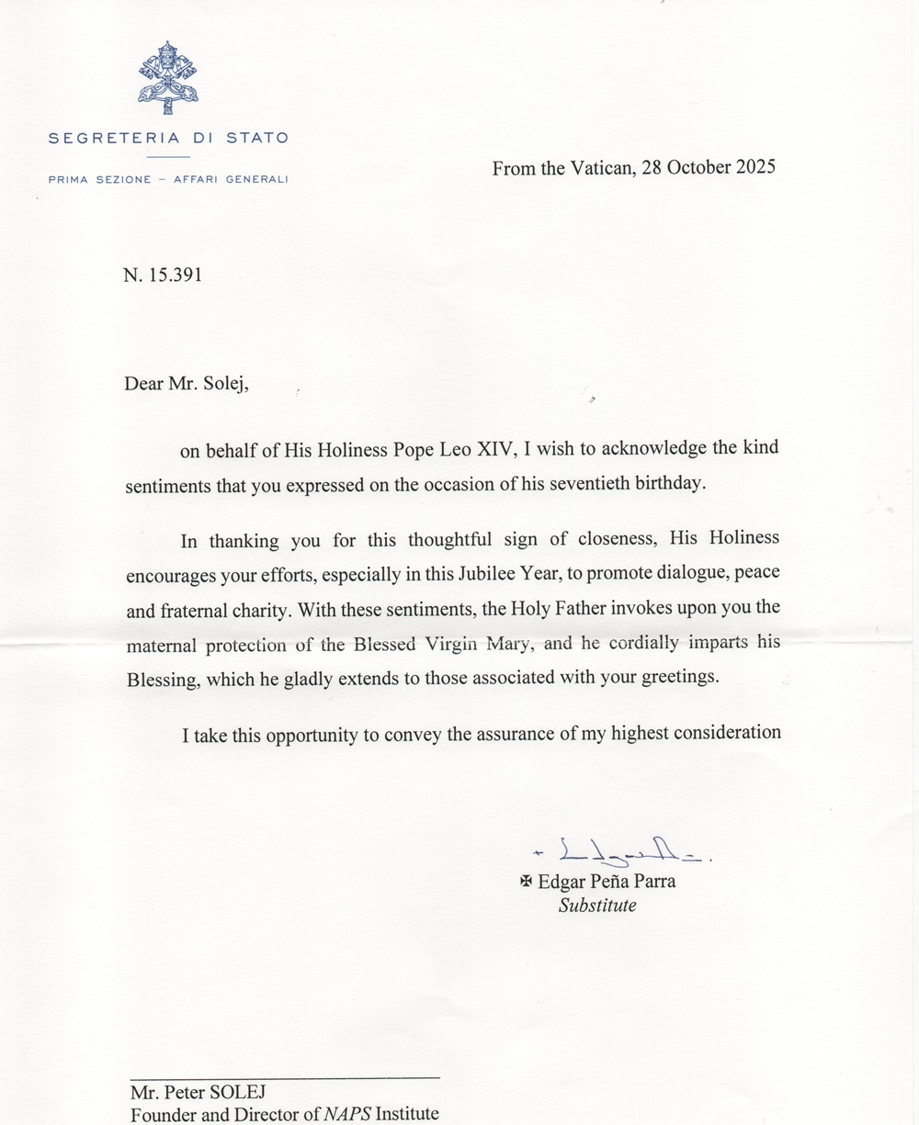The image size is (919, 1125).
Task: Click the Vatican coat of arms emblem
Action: click(168, 77)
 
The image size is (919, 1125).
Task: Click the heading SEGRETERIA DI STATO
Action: click(168, 139)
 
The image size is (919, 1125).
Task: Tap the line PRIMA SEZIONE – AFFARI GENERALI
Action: click(168, 179)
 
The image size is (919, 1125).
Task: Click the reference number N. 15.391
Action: click(162, 275)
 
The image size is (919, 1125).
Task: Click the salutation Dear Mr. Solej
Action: click(187, 383)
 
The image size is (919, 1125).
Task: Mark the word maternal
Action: click(161, 644)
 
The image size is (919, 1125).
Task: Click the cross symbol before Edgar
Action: click(527, 882)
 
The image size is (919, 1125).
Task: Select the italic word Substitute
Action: click(597, 906)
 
